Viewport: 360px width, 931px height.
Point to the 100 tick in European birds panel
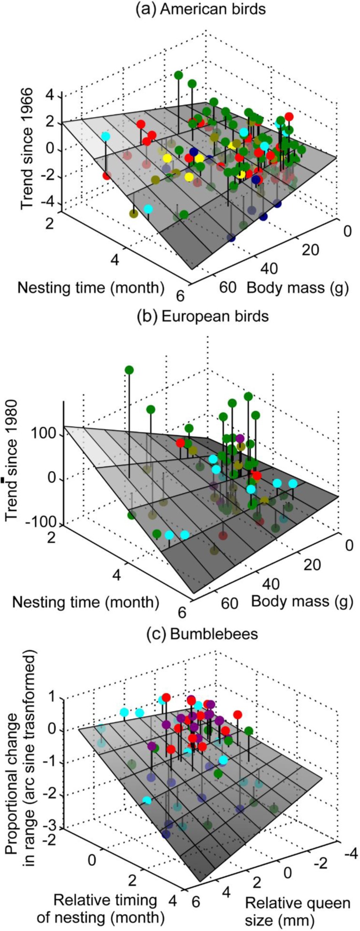click(46, 435)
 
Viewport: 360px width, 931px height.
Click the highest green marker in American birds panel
click(178, 75)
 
